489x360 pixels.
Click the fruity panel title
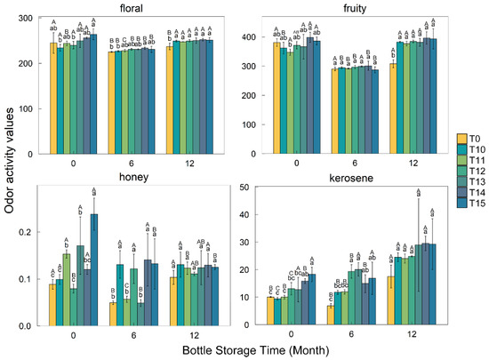point(354,7)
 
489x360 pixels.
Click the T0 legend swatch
point(461,138)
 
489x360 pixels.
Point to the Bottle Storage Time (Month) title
point(245,352)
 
